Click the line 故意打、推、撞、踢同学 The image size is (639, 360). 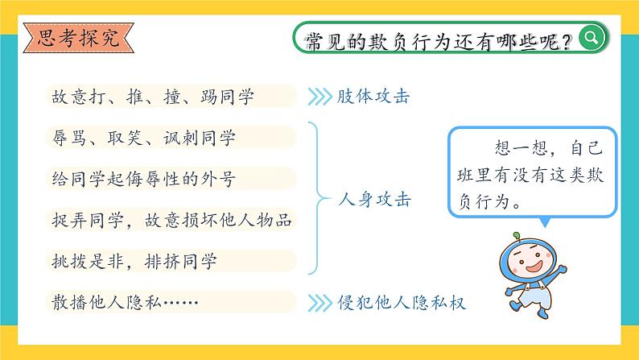click(x=152, y=97)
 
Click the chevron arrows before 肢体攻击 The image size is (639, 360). click(x=320, y=97)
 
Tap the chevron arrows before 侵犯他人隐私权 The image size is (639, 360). click(x=320, y=303)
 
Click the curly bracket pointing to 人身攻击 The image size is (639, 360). click(x=314, y=199)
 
